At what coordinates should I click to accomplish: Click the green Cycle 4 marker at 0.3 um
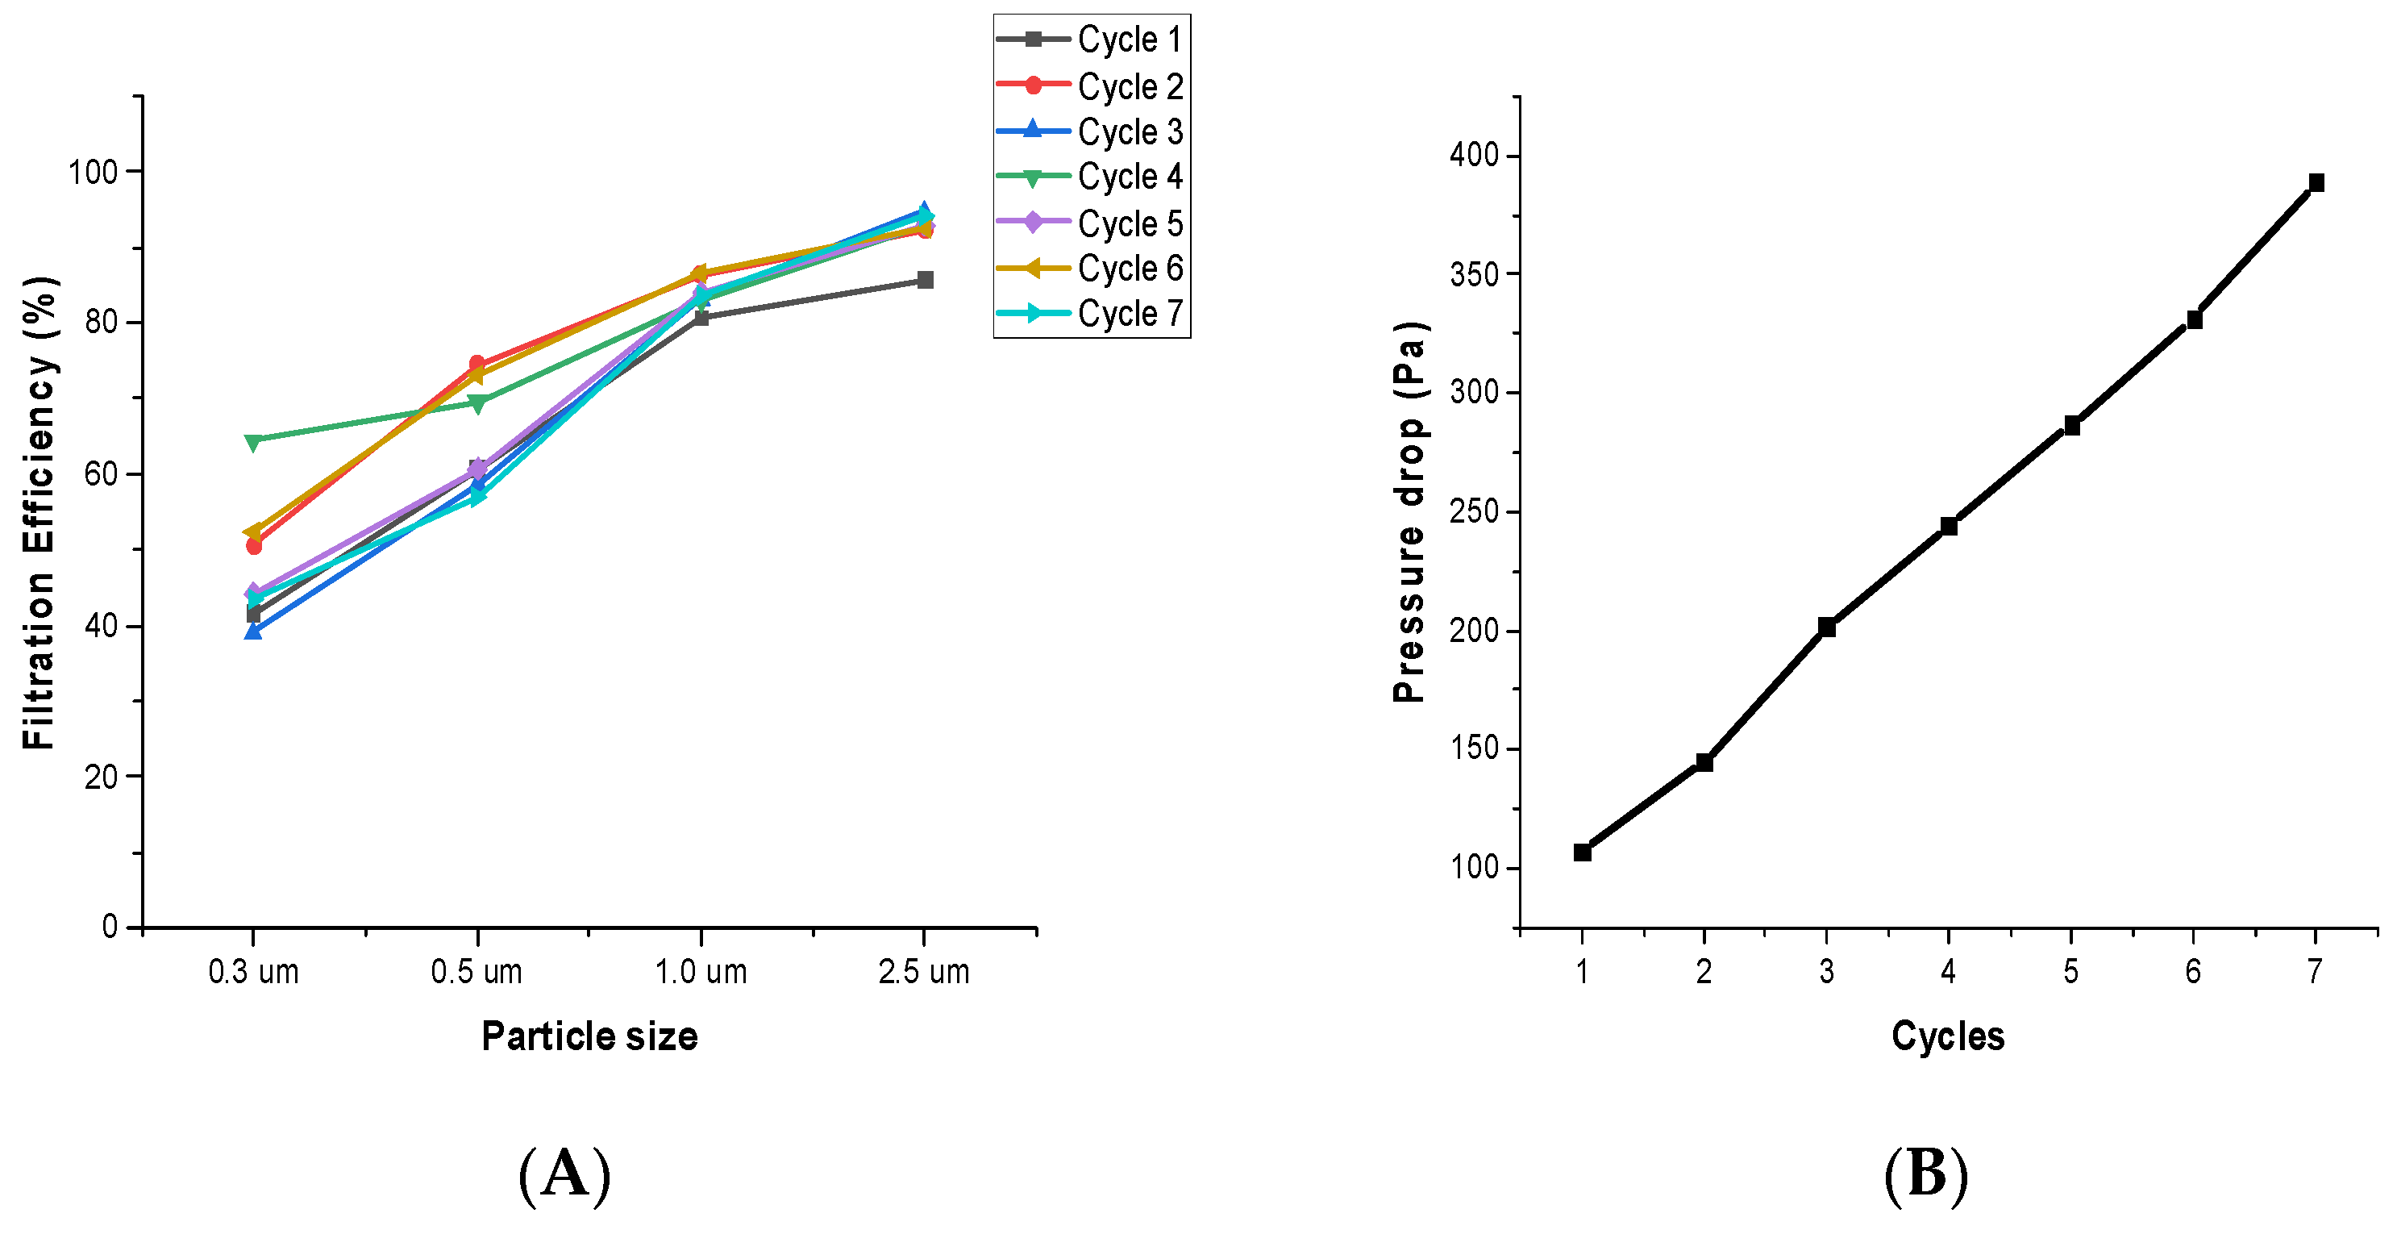pos(253,441)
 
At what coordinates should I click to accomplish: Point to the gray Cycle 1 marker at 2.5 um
pos(925,280)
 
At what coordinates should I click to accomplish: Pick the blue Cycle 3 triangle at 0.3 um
pos(253,632)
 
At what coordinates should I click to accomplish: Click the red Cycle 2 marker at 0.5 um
pos(477,364)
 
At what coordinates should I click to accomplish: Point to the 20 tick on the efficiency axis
pos(101,777)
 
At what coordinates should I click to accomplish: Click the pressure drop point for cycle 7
pos(2316,182)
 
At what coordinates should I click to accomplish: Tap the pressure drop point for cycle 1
pos(1582,852)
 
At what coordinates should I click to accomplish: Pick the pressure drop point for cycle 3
pos(1827,627)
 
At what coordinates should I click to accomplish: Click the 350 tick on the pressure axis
pos(1475,274)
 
